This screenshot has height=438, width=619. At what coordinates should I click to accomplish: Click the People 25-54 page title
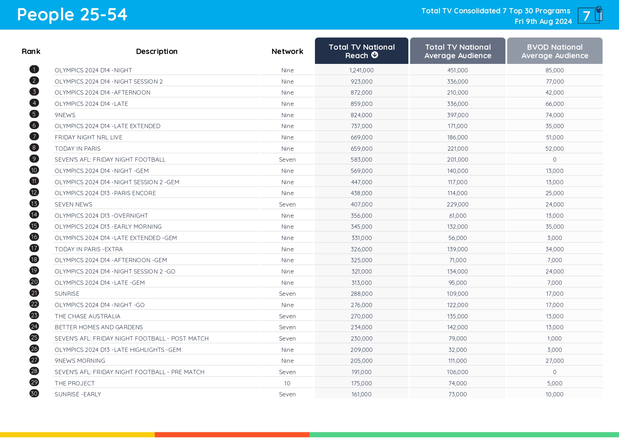(x=72, y=15)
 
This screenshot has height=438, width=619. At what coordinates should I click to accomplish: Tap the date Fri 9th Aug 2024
(x=543, y=22)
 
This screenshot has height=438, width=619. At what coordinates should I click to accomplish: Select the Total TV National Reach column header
(x=361, y=51)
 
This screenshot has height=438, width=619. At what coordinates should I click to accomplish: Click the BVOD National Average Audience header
(x=554, y=51)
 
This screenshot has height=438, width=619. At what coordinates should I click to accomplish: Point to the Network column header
(x=287, y=52)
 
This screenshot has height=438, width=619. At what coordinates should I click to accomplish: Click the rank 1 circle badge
(x=34, y=70)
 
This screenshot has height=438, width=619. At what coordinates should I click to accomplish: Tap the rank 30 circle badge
(x=34, y=394)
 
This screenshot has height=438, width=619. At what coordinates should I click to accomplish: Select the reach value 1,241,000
(x=361, y=70)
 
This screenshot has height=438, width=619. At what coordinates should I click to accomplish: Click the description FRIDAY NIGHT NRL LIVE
(x=89, y=137)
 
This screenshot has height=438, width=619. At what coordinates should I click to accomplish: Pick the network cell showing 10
(x=287, y=383)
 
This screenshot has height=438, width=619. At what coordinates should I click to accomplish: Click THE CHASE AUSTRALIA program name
(x=88, y=316)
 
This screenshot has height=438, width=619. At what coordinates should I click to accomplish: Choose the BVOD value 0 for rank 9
(x=554, y=160)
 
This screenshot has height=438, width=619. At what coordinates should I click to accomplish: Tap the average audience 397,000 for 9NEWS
(x=457, y=115)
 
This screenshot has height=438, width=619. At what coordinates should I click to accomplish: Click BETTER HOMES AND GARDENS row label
(x=99, y=327)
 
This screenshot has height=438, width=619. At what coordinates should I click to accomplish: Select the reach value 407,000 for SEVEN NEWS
(x=361, y=204)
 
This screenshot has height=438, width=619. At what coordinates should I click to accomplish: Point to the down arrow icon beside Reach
(x=375, y=55)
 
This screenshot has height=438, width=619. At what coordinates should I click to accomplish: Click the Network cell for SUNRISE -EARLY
(x=287, y=394)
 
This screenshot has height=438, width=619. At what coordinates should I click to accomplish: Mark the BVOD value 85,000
(x=554, y=70)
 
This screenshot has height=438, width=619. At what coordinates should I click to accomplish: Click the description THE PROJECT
(x=74, y=383)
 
